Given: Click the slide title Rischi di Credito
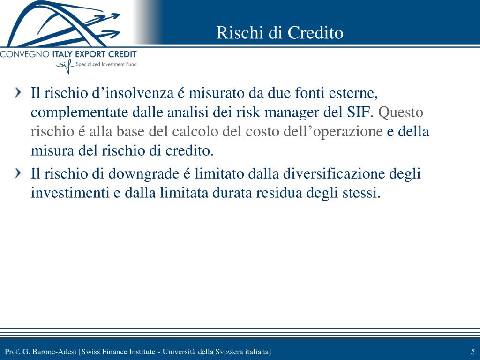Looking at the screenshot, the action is click(x=279, y=32).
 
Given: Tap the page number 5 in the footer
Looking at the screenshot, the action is click(x=473, y=352).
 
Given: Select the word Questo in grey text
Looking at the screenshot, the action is click(x=401, y=112).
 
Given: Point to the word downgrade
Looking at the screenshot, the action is click(x=143, y=174).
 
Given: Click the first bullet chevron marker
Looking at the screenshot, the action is click(x=19, y=92).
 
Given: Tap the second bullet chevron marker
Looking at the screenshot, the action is click(x=19, y=173).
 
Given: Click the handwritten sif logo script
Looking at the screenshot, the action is click(x=64, y=65).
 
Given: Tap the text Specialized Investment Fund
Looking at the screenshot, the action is click(x=106, y=64).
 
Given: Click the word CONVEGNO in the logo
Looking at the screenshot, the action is click(x=24, y=54).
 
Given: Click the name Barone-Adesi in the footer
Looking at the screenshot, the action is click(x=54, y=352).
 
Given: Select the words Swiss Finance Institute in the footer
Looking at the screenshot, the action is click(x=118, y=352).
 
